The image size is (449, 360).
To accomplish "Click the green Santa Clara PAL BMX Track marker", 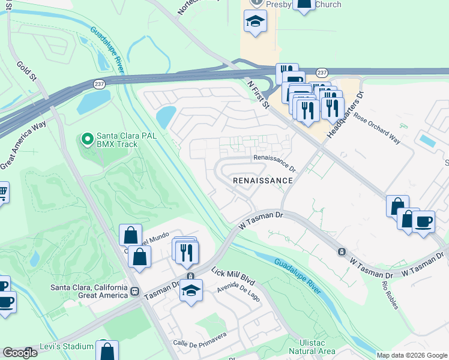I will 87,140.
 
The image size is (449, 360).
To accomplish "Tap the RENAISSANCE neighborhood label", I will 263,180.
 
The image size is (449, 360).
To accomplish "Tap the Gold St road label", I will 27,73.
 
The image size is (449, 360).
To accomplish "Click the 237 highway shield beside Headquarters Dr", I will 322,73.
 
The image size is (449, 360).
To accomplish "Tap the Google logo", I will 19,353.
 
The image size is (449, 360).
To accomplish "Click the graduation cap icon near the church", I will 255,22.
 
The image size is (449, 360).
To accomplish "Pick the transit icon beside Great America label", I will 134,292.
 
